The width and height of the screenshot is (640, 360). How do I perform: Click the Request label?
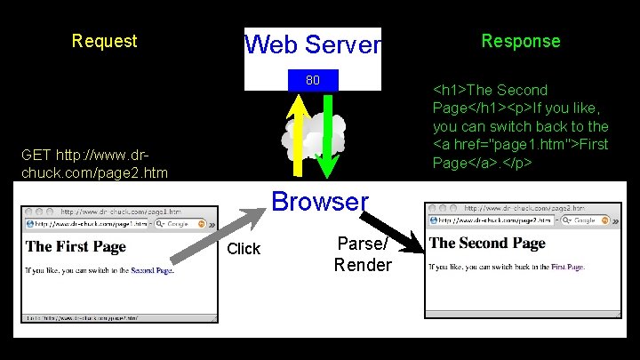(104, 41)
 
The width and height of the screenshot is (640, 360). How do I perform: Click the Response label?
(521, 41)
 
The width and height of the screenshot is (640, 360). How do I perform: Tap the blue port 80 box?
(313, 81)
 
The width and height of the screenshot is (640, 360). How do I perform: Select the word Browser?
(320, 201)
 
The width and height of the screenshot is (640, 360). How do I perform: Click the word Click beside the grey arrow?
(244, 249)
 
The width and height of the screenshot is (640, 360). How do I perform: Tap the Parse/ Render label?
(363, 255)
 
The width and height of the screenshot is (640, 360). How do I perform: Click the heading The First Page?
(76, 246)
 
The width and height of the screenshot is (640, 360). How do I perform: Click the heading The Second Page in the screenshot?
(487, 243)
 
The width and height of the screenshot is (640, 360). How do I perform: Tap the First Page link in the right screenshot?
(566, 266)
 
